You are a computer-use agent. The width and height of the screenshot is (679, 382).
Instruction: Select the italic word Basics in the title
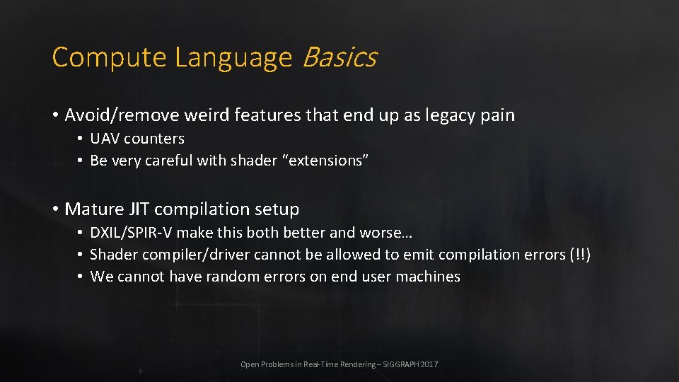339,57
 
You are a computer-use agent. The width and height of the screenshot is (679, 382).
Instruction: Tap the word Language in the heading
233,57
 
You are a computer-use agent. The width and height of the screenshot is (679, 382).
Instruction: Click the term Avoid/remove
113,115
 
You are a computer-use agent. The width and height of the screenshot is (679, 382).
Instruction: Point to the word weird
188,115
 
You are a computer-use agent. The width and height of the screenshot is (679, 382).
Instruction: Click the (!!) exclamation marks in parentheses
579,255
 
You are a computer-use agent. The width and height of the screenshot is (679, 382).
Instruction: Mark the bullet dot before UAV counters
81,139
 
